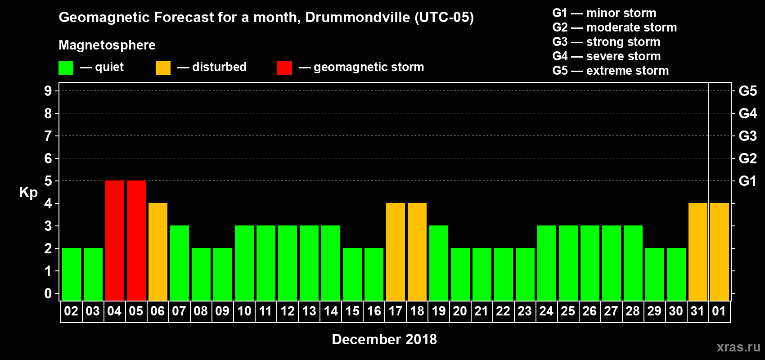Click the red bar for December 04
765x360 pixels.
pyautogui.click(x=115, y=240)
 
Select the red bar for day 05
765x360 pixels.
pyautogui.click(x=136, y=240)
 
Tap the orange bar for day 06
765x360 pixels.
pyautogui.click(x=158, y=252)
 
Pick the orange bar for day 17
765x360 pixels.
pyautogui.click(x=396, y=252)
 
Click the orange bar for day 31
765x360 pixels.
pyautogui.click(x=698, y=252)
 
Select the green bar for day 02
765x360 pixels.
pyautogui.click(x=72, y=274)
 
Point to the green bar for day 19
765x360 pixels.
pyautogui.click(x=439, y=263)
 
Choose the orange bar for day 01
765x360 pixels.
pyautogui.click(x=720, y=252)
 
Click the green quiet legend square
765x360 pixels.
pyautogui.click(x=66, y=68)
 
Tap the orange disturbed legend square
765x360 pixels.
pyautogui.click(x=163, y=68)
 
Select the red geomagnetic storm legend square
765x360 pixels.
pyautogui.click(x=284, y=68)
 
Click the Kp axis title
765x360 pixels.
pyautogui.click(x=28, y=193)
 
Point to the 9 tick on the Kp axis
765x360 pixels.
pyautogui.click(x=48, y=91)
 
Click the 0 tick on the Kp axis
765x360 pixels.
pyautogui.click(x=48, y=293)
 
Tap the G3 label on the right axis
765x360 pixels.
pyautogui.click(x=747, y=136)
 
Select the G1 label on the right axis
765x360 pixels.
pyautogui.click(x=747, y=181)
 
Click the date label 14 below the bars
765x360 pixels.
pyautogui.click(x=331, y=311)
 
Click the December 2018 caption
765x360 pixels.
pyautogui.click(x=384, y=339)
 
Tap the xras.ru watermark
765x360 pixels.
pyautogui.click(x=738, y=347)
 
